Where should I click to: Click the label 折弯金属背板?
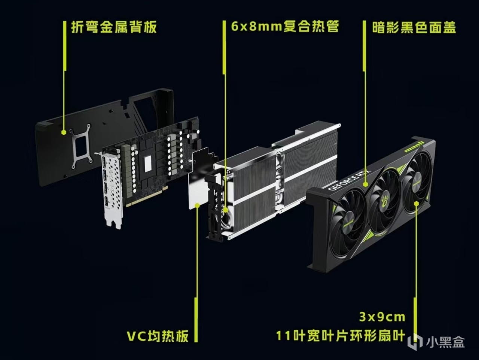tap(114, 27)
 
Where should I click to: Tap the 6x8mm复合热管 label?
tap(285, 27)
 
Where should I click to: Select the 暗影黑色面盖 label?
tap(414, 27)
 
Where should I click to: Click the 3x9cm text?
tap(382, 317)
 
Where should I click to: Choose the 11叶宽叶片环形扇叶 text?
tap(341, 336)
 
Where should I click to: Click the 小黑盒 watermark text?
tap(445, 342)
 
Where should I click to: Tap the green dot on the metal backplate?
tap(64, 132)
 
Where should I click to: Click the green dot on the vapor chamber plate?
tap(197, 205)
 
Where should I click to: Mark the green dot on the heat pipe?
tap(225, 210)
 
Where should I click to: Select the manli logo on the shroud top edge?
tap(414, 147)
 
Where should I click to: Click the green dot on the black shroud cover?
tap(366, 184)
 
